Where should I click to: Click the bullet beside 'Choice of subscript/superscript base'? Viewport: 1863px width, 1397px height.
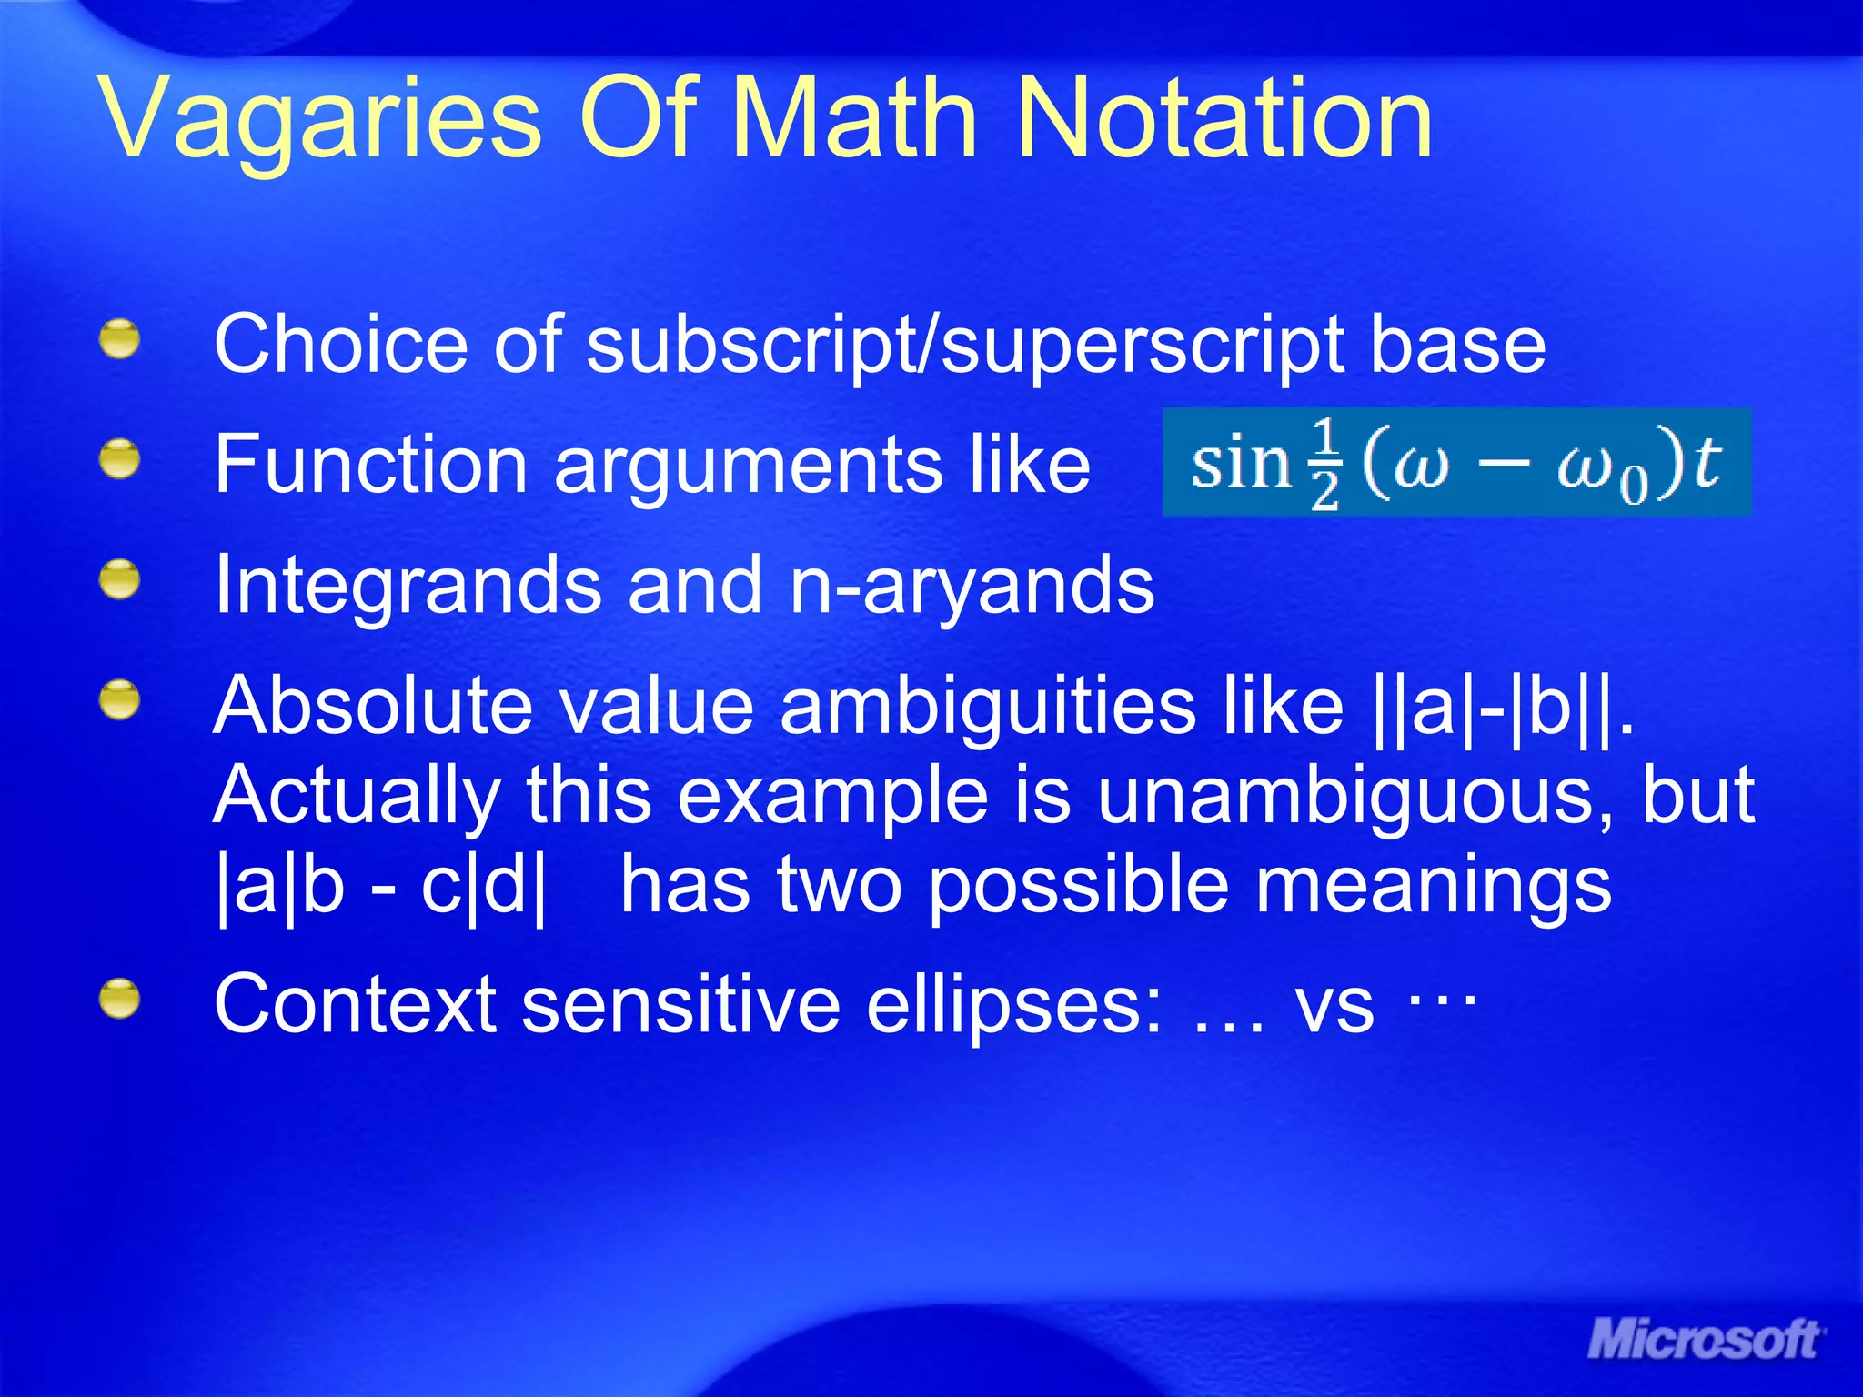pos(120,339)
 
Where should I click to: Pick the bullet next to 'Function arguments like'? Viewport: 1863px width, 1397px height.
pos(120,459)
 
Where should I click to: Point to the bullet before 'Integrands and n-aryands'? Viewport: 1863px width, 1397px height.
pos(120,580)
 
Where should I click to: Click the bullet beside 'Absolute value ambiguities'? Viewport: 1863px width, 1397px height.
pos(120,701)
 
